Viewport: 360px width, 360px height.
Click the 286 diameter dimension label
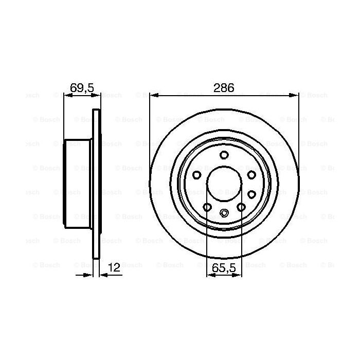click(x=224, y=88)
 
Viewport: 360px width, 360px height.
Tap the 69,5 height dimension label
click(x=81, y=88)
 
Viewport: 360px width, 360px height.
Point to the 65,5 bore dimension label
click(x=224, y=267)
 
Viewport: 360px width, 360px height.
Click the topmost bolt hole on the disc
click(x=224, y=155)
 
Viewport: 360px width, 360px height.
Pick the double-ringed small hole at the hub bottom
click(x=224, y=213)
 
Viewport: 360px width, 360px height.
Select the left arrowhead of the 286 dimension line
click(x=153, y=95)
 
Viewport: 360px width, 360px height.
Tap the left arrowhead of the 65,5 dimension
click(x=209, y=275)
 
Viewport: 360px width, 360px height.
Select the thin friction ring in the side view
click(x=96, y=184)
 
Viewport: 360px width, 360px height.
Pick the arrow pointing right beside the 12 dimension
click(x=88, y=275)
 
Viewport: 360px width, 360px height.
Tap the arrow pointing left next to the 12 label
click(x=103, y=275)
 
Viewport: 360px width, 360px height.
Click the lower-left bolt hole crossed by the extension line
click(x=207, y=207)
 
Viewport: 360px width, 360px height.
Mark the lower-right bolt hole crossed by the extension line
click(x=240, y=207)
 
